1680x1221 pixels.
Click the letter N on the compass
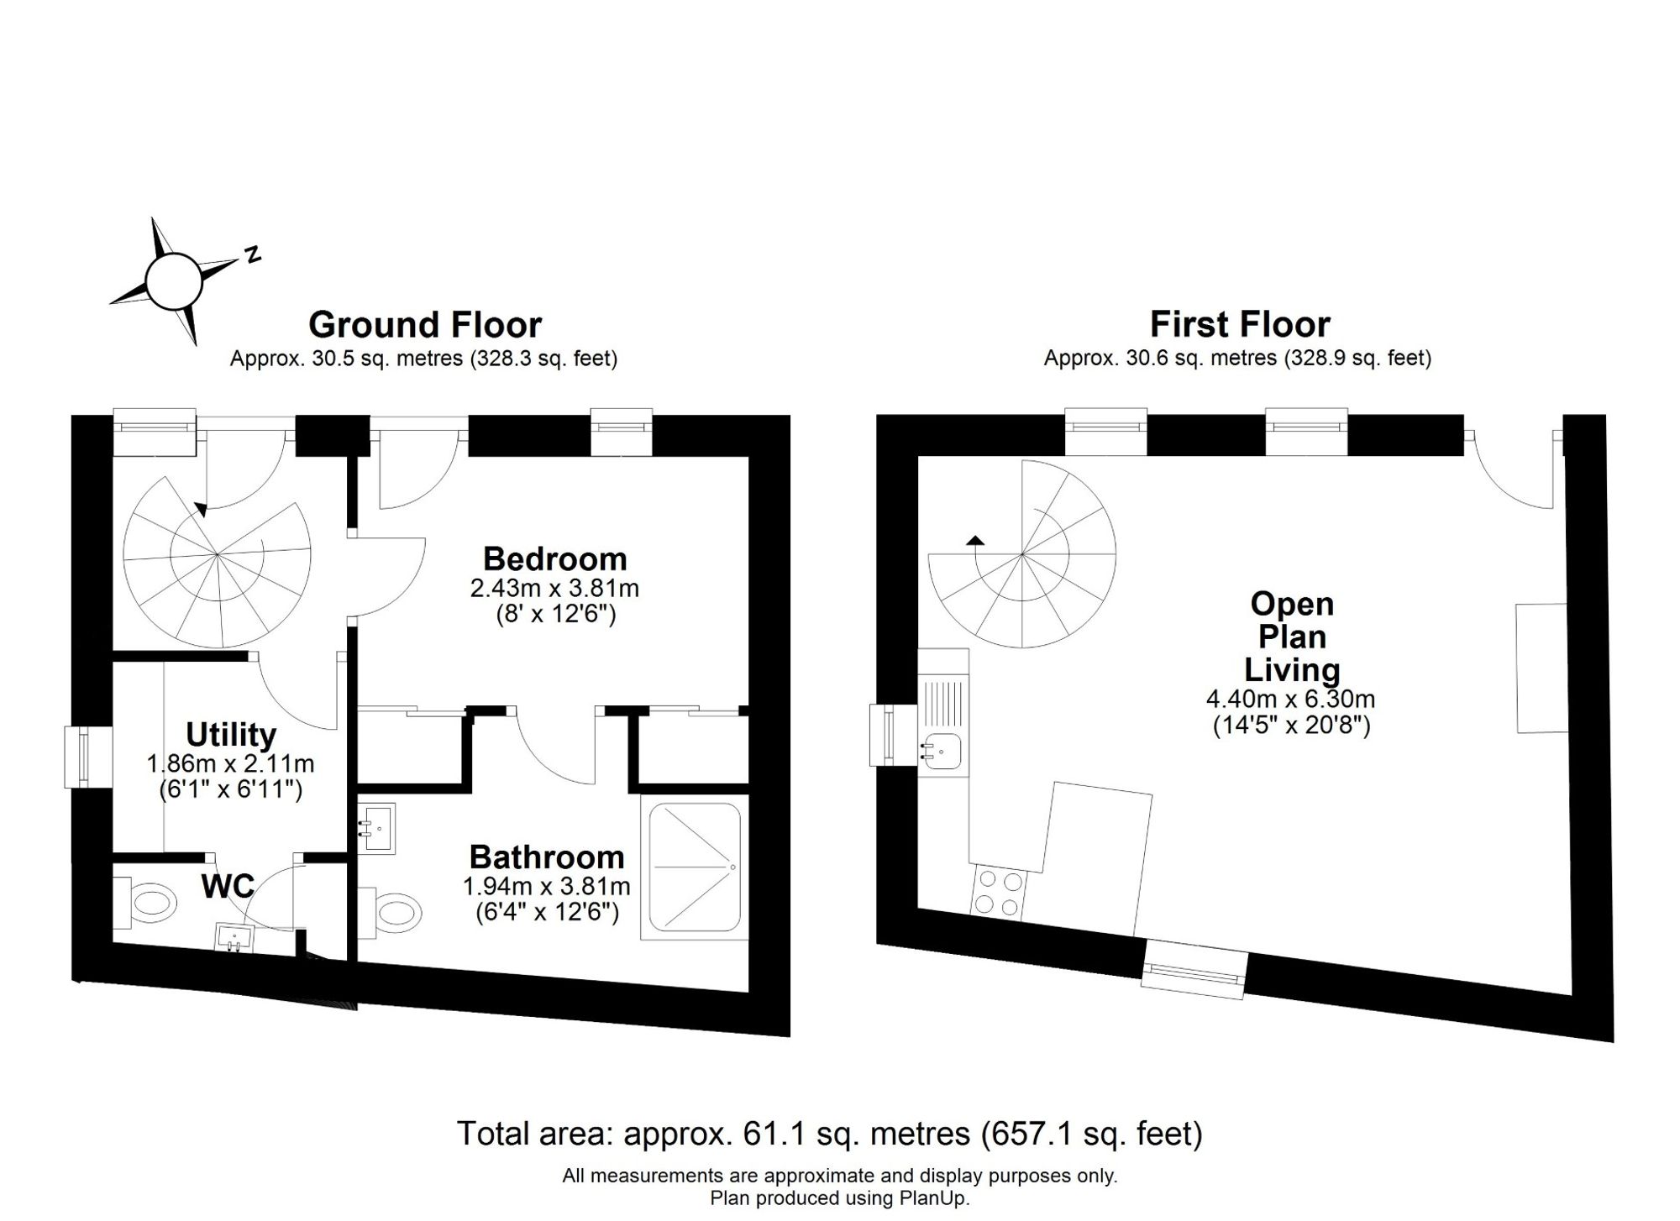click(x=252, y=255)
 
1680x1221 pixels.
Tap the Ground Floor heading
click(x=425, y=325)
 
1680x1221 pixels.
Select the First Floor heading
click(x=1240, y=324)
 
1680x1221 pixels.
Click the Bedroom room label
click(x=554, y=559)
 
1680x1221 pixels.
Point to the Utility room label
click(x=231, y=735)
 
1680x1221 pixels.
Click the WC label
click(x=228, y=886)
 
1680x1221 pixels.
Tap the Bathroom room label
click(x=547, y=857)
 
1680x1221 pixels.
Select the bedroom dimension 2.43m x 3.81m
click(x=554, y=588)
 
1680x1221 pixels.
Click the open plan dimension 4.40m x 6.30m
click(x=1291, y=699)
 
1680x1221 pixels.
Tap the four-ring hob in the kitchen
click(x=998, y=893)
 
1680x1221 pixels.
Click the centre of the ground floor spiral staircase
click(x=217, y=554)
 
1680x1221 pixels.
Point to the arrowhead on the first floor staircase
click(x=975, y=540)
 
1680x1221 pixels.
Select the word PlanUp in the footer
click(x=937, y=1198)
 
